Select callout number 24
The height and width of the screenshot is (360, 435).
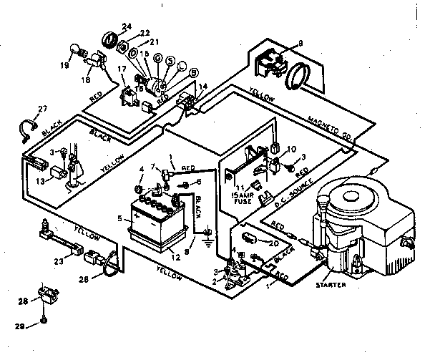[127, 27]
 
